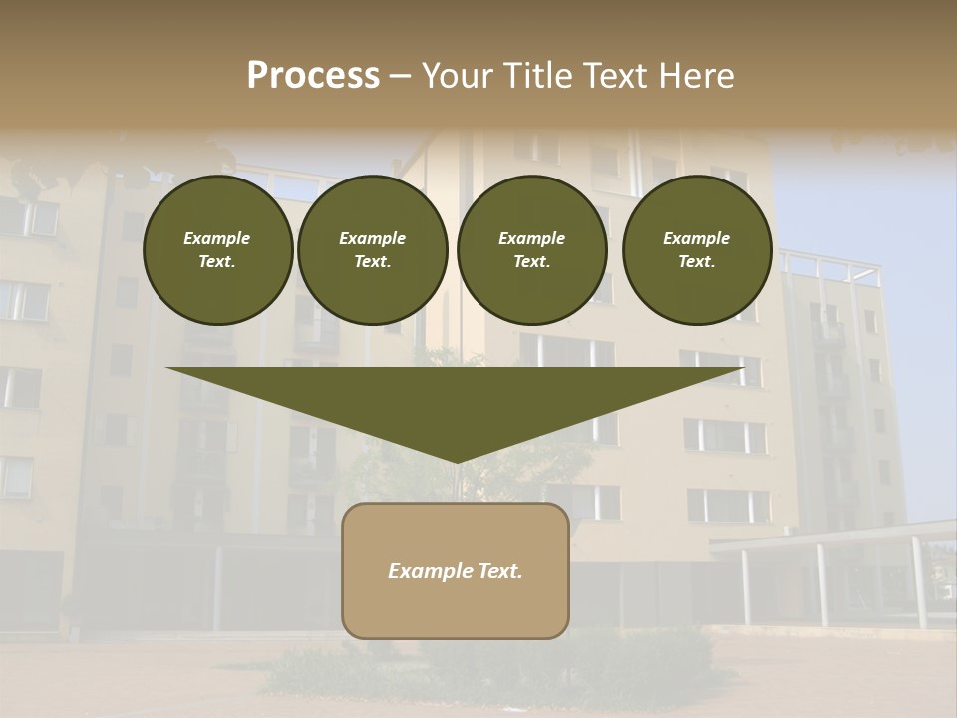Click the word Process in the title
(x=313, y=76)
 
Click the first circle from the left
(x=217, y=250)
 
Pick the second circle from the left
(x=373, y=250)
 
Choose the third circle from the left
(x=532, y=250)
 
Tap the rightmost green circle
(x=697, y=250)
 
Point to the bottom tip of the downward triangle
(x=457, y=462)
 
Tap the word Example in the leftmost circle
(x=217, y=238)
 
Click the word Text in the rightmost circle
(x=696, y=262)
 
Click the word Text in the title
(x=615, y=76)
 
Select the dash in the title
(x=400, y=77)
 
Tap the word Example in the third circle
(x=532, y=238)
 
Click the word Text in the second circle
(x=372, y=262)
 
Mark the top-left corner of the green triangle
(x=167, y=369)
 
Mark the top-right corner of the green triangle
(x=744, y=369)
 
